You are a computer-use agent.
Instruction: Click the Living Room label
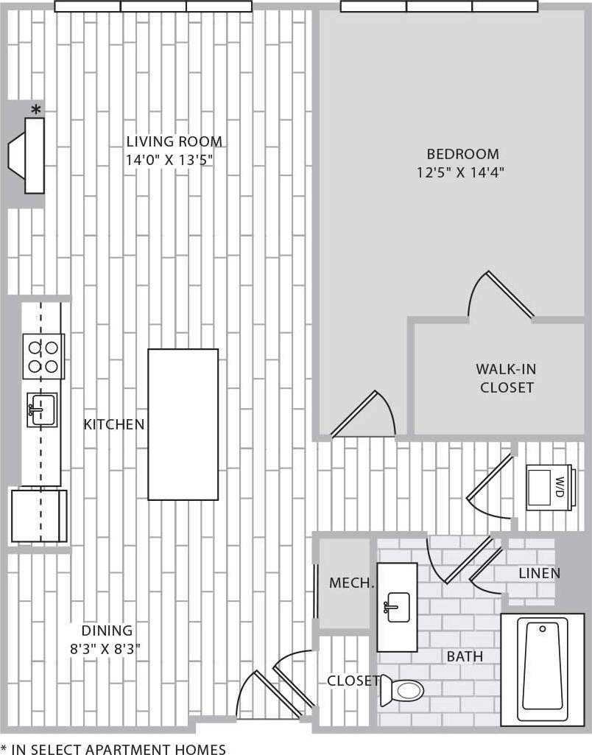[174, 141]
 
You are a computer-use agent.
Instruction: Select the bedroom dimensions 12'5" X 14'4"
[463, 173]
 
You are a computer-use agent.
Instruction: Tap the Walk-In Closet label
[505, 378]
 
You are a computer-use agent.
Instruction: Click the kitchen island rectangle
[183, 424]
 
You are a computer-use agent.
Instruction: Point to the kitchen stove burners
[43, 356]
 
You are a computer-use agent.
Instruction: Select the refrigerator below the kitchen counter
[38, 516]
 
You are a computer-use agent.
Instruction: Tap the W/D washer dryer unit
[549, 486]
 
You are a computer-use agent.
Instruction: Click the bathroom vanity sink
[396, 607]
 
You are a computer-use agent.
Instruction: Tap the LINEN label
[539, 573]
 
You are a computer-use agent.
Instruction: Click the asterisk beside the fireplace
[35, 110]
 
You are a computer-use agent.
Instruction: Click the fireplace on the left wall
[28, 155]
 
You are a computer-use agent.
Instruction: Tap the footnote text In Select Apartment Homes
[113, 749]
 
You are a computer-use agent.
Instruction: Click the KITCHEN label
[113, 424]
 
